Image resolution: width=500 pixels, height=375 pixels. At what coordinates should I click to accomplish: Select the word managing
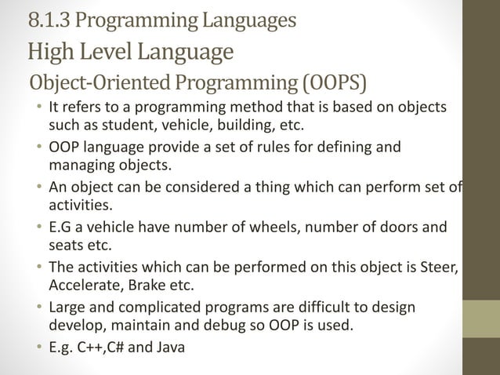81,166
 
